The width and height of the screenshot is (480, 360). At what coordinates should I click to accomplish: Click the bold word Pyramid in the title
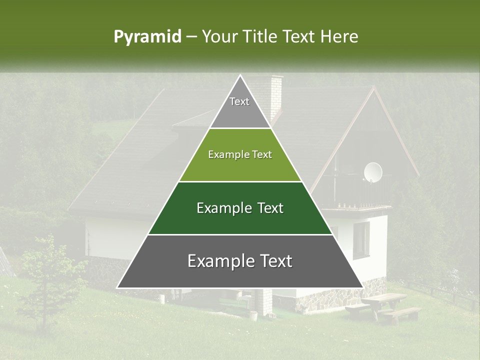(147, 37)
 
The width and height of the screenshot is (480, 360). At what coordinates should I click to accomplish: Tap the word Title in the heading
(262, 37)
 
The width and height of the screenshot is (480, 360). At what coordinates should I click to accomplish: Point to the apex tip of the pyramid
(240, 76)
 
